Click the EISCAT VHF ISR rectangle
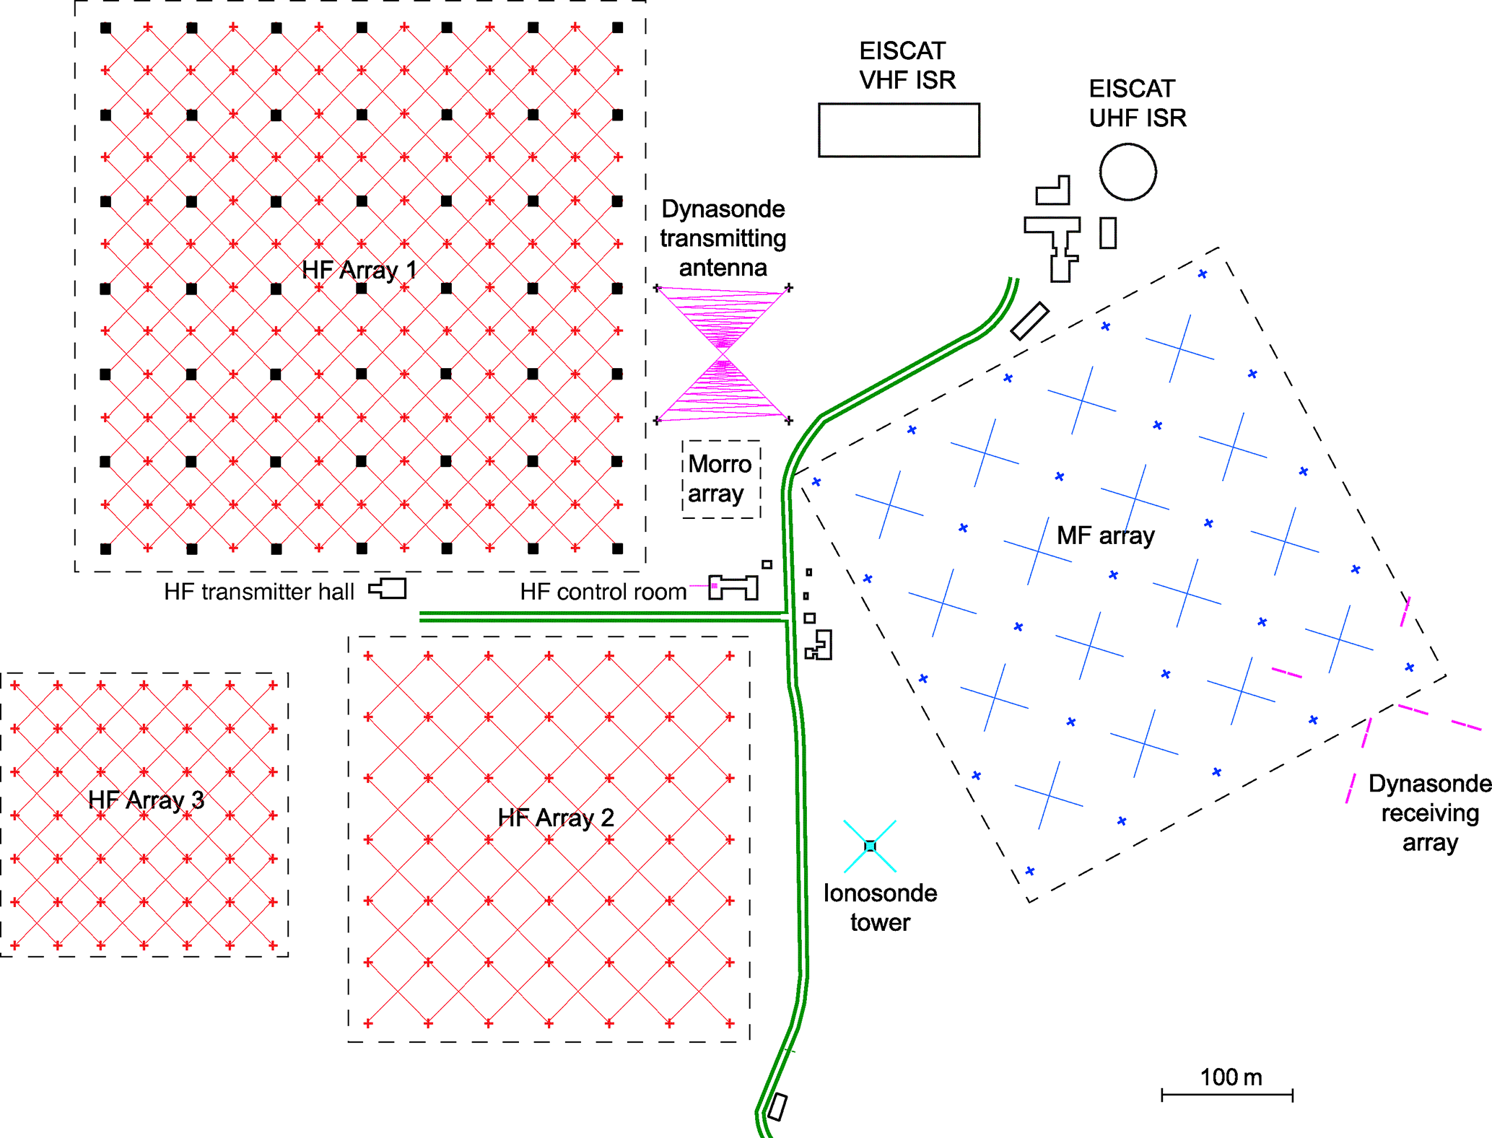click(x=899, y=130)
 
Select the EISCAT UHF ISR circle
click(x=1127, y=172)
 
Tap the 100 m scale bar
click(x=1226, y=1095)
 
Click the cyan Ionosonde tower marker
click(x=870, y=846)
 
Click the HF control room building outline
click(x=734, y=587)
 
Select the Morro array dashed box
click(x=721, y=479)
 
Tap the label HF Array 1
click(x=359, y=270)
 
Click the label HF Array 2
click(x=556, y=818)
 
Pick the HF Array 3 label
click(x=146, y=800)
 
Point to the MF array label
click(x=1105, y=535)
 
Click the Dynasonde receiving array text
click(x=1429, y=813)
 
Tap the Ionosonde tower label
click(x=880, y=908)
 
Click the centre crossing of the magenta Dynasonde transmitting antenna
click(x=723, y=354)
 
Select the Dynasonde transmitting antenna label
click(x=723, y=238)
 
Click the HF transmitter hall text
click(x=258, y=592)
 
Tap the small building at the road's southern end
click(x=777, y=1106)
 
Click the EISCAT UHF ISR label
click(x=1137, y=103)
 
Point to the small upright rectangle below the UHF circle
click(x=1108, y=233)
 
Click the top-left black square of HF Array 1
click(x=105, y=28)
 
